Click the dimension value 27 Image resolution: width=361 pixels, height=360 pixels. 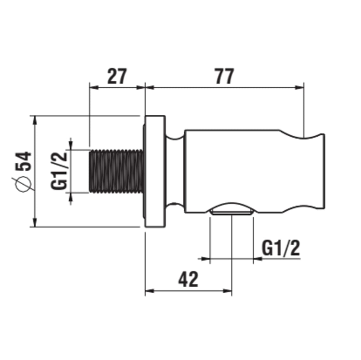117,76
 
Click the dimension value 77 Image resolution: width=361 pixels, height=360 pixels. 225,76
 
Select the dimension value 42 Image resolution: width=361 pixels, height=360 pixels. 188,279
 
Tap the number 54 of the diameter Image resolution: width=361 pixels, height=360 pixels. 23,161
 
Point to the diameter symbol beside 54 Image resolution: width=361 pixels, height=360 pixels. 23,184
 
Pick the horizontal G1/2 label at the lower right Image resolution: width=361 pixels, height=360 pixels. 281,248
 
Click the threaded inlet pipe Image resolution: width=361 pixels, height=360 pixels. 117,171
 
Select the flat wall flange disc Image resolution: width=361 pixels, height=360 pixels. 155,171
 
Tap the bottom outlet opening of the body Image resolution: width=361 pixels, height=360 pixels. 232,209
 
